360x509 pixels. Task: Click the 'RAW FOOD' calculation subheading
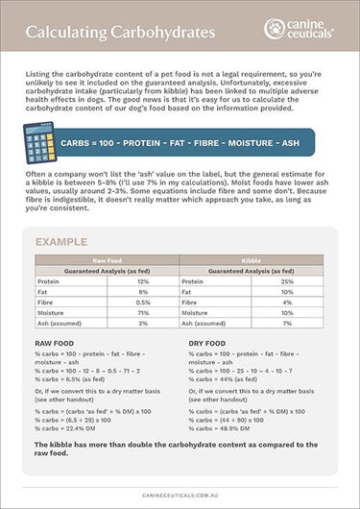pos(55,343)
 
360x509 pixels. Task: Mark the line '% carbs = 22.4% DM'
pos(68,428)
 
